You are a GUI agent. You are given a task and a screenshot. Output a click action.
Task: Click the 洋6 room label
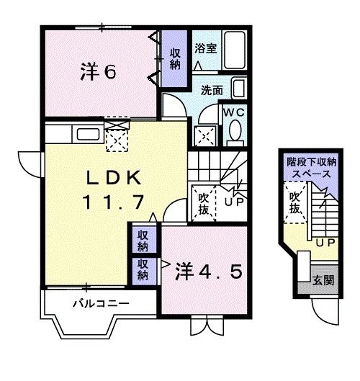click(99, 71)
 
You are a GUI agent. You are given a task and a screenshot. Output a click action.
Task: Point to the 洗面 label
click(211, 91)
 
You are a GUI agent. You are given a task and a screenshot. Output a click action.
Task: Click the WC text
click(234, 113)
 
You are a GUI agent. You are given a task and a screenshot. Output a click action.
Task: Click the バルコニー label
click(101, 303)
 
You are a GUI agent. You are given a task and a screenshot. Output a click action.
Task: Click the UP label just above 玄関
click(325, 242)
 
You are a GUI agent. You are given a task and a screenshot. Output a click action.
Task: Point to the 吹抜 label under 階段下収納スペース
click(294, 202)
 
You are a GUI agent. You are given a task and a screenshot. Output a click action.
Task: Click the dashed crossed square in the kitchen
click(117, 135)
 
